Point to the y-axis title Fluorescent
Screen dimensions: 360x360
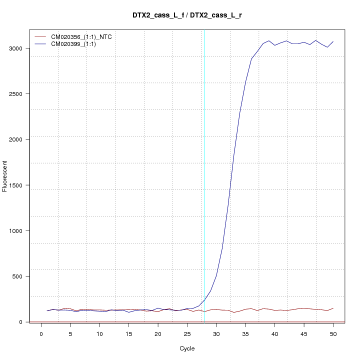tap(5, 175)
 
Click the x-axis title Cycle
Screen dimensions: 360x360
tap(187, 348)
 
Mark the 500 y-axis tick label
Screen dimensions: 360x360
tap(19, 276)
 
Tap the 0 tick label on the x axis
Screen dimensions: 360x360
tap(41, 334)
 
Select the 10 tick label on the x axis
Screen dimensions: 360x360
tap(99, 334)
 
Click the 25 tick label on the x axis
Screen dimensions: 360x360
tap(187, 334)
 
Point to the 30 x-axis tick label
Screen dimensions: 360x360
tap(216, 334)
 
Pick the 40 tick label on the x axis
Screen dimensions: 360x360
tap(274, 334)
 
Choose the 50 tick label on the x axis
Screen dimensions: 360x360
tap(333, 334)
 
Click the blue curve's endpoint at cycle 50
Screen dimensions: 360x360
tap(333, 41)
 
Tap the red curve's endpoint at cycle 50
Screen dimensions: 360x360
tap(333, 308)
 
